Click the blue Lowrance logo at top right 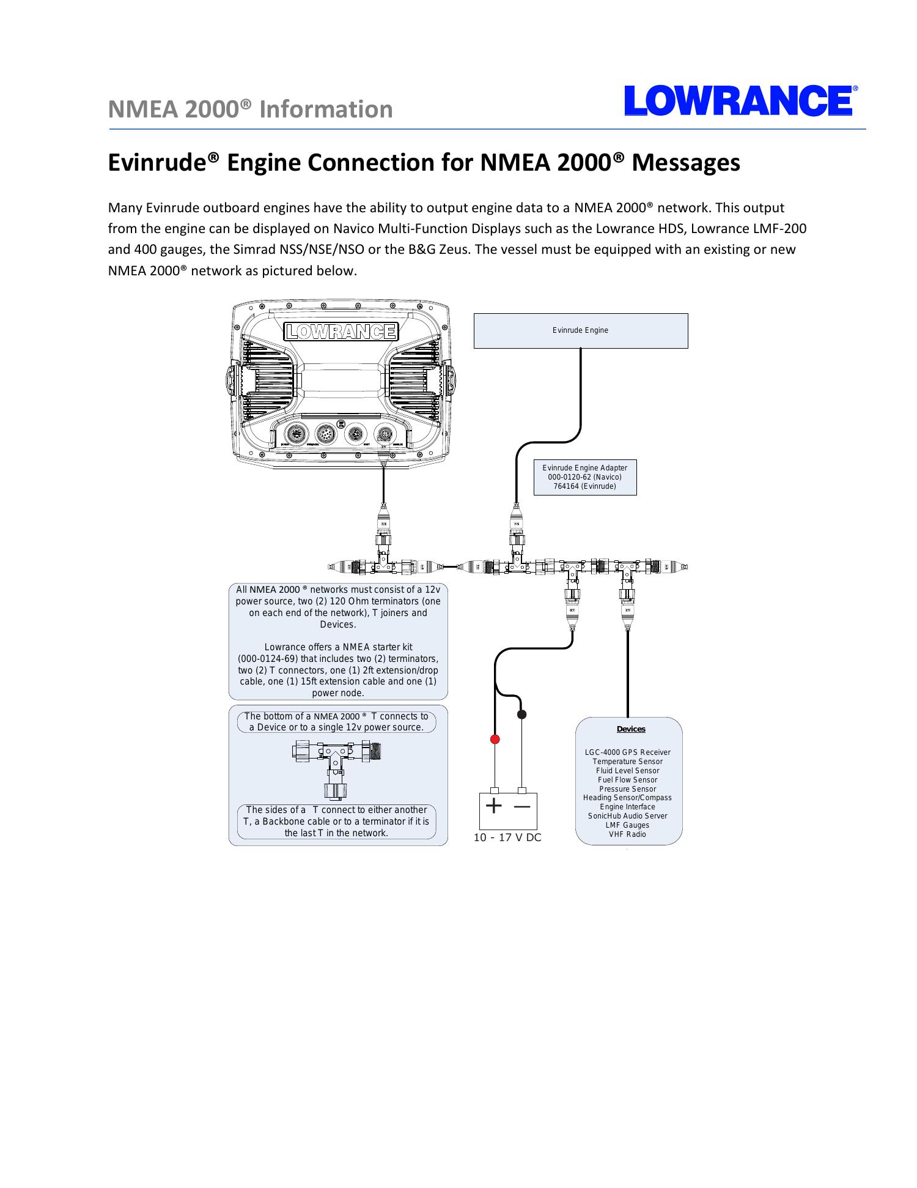[738, 101]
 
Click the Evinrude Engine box [580, 330]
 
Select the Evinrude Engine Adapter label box [584, 477]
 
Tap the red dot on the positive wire [495, 739]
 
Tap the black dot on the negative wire [522, 715]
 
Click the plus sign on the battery [494, 806]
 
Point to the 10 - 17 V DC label [507, 837]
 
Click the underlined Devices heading [631, 729]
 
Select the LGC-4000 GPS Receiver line [628, 752]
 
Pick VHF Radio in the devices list [627, 834]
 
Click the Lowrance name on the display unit [341, 331]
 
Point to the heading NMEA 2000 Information [250, 110]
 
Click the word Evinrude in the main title [158, 163]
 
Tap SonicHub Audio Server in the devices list [627, 816]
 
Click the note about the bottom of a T [336, 722]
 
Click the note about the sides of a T [336, 822]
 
